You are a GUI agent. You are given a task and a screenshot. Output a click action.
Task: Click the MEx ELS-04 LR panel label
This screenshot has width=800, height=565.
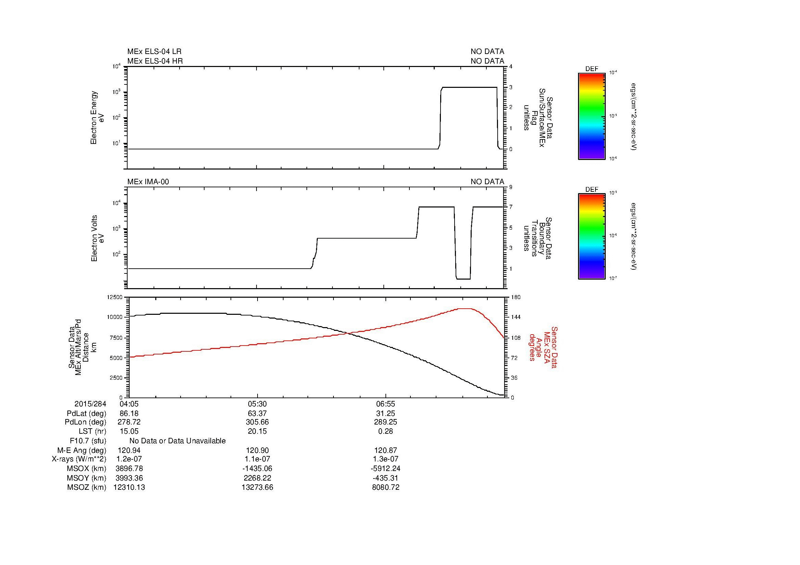tap(154, 52)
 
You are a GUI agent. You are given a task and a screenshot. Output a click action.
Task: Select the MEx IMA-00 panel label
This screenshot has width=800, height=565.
tap(148, 182)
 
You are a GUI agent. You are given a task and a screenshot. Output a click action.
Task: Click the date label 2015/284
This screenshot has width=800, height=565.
tap(90, 404)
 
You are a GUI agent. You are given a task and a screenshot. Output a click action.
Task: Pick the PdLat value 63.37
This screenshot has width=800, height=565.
tap(257, 414)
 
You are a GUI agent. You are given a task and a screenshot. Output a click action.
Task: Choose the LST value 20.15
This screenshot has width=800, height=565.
tap(257, 431)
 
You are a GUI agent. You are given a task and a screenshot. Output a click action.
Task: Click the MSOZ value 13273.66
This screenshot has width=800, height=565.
tap(257, 487)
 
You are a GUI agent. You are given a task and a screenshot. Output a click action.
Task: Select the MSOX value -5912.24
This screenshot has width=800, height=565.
tap(385, 469)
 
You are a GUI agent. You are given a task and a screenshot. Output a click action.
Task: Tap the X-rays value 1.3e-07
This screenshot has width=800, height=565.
tap(385, 459)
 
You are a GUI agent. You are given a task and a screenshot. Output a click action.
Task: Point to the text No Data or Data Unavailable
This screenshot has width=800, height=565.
tap(178, 441)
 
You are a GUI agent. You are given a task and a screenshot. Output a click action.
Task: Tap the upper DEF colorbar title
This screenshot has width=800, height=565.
tap(591, 69)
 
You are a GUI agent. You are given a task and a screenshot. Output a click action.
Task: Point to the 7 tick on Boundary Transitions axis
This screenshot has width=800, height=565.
tap(511, 207)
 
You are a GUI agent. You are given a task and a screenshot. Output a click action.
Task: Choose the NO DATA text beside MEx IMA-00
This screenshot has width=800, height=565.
tap(487, 182)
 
